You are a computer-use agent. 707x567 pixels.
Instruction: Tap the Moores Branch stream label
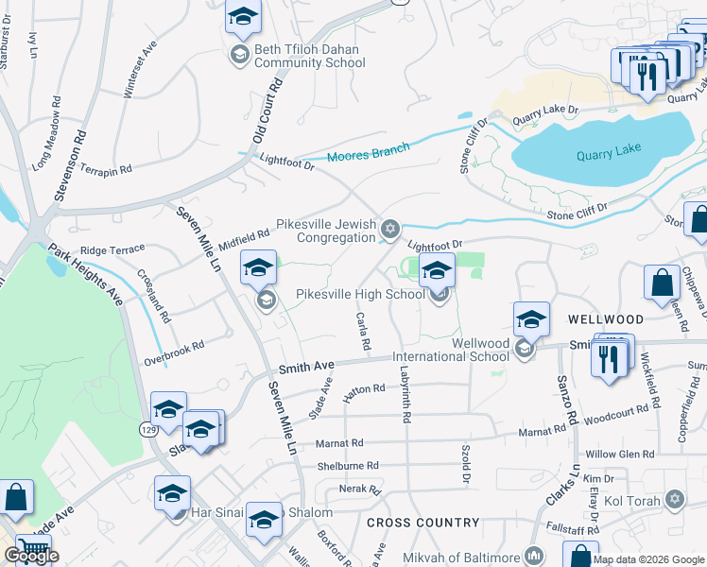369,151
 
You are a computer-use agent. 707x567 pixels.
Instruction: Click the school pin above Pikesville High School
437,272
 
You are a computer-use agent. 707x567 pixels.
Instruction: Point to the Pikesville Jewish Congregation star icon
389,230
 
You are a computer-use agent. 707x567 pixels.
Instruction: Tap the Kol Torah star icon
674,497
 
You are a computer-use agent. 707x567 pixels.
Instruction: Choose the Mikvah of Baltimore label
462,558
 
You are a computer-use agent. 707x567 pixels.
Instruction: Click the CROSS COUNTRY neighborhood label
422,523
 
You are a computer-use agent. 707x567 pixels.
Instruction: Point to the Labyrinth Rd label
405,394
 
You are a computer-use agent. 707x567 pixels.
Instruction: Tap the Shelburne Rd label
348,466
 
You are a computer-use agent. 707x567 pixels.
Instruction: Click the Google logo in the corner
31,556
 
